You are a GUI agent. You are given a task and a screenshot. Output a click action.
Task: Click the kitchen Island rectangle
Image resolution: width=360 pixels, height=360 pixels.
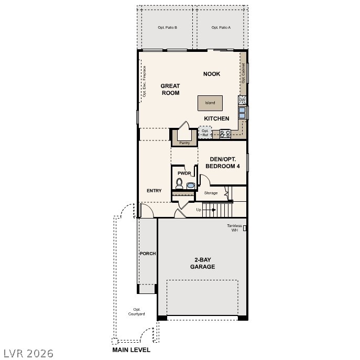(x=210, y=103)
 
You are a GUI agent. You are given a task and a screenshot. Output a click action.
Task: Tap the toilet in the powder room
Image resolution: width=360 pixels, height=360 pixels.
(x=179, y=184)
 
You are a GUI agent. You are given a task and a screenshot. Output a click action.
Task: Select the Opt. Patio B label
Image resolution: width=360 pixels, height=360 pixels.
(x=167, y=27)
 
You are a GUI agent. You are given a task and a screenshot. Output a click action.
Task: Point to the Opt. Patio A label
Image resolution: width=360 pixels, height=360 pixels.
(x=221, y=27)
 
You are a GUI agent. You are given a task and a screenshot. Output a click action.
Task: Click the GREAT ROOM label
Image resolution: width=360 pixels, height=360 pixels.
(x=170, y=89)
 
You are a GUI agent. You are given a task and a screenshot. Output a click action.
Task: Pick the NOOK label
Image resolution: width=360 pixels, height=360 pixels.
(x=212, y=74)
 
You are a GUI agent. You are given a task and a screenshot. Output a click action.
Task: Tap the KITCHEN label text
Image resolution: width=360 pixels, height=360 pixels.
(x=216, y=118)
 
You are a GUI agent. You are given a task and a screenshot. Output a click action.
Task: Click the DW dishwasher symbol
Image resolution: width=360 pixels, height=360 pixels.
(x=242, y=100)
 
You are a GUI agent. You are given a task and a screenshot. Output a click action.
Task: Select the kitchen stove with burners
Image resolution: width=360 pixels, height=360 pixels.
(x=225, y=134)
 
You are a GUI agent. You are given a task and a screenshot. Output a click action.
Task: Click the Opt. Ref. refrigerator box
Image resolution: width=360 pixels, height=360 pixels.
(x=205, y=133)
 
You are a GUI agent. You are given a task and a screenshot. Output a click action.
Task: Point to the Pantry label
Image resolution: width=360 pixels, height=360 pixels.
(x=184, y=143)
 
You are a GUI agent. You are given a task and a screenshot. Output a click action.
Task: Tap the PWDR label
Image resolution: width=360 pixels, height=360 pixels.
(x=183, y=173)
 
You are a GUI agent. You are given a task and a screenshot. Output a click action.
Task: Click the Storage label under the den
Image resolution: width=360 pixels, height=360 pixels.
(x=211, y=193)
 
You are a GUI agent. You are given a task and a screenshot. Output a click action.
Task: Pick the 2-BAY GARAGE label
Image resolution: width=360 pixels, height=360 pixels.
(x=202, y=263)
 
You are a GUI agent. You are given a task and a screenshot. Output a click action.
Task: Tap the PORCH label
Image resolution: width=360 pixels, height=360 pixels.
(x=147, y=254)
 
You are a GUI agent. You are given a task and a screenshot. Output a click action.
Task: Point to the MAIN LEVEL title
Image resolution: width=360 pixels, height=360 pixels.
(x=131, y=350)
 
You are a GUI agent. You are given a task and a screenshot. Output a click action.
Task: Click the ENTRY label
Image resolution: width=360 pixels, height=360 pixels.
(x=154, y=191)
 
